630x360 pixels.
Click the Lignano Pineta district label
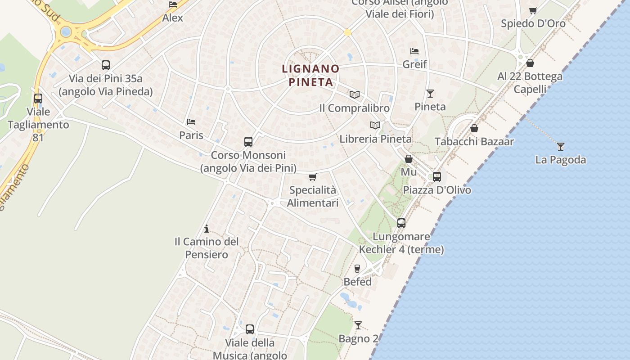(x=310, y=75)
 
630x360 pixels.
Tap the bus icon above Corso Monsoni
(x=248, y=142)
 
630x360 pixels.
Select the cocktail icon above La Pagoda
(x=561, y=146)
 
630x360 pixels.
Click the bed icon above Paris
(x=191, y=122)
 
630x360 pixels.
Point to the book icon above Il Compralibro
(x=355, y=94)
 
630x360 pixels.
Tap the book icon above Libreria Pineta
(x=375, y=125)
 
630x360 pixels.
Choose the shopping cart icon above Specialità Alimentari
(x=313, y=177)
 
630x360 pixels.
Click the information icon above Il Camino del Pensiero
(x=207, y=229)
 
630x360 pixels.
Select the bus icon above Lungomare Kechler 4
(x=401, y=223)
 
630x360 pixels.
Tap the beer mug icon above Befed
(x=358, y=269)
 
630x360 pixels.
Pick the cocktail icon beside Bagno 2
(x=358, y=325)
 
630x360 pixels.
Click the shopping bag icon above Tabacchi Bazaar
(x=474, y=128)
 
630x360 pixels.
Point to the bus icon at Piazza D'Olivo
(x=437, y=177)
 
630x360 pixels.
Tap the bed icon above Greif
(x=414, y=51)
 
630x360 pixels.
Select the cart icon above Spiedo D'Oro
(x=533, y=10)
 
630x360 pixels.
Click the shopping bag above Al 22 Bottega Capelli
(x=530, y=63)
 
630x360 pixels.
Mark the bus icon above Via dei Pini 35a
(x=106, y=65)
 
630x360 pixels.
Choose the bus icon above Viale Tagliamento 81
(x=38, y=98)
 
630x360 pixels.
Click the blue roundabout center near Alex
(x=66, y=32)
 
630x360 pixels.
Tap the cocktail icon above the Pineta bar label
(x=430, y=94)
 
